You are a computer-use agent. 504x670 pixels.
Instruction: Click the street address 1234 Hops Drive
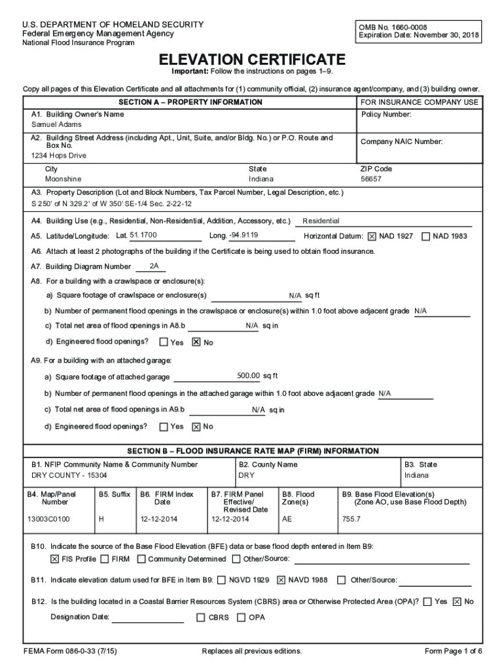[59, 156]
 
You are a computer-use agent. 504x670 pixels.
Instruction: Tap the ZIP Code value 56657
[371, 179]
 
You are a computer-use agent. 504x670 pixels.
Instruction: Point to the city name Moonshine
[63, 179]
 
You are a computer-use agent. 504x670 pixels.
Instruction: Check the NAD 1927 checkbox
[372, 236]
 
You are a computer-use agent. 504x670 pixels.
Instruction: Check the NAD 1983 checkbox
[426, 236]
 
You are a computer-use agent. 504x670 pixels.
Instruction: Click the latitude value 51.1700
[143, 236]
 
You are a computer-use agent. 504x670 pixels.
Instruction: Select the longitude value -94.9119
[243, 236]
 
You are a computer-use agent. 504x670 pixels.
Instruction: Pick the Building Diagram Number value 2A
[154, 266]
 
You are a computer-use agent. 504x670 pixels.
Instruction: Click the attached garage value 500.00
[249, 376]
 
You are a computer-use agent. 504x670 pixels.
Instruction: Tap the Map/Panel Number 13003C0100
[48, 519]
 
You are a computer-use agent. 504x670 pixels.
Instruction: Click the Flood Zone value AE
[287, 519]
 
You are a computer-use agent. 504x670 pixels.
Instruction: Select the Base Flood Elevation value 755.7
[351, 519]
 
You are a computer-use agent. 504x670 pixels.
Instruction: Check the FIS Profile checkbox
[55, 559]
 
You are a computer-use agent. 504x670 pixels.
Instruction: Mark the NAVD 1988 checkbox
[281, 580]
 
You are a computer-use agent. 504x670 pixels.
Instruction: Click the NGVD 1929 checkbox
[222, 580]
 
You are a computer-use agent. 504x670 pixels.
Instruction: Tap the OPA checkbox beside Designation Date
[242, 617]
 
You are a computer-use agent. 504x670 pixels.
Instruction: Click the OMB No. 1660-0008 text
[391, 27]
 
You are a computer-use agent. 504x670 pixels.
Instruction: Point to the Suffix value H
[101, 519]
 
